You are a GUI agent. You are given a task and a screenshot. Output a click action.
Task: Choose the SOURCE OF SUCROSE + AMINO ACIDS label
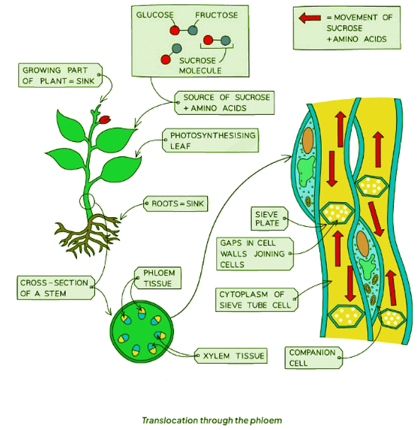point(226,102)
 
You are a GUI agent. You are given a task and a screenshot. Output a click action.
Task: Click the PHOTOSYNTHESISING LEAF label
point(211,140)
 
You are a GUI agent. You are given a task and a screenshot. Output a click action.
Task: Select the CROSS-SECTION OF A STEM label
point(54,287)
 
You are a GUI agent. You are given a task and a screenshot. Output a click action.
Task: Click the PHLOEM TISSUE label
point(158,277)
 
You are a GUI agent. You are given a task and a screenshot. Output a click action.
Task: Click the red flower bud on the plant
point(106,119)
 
